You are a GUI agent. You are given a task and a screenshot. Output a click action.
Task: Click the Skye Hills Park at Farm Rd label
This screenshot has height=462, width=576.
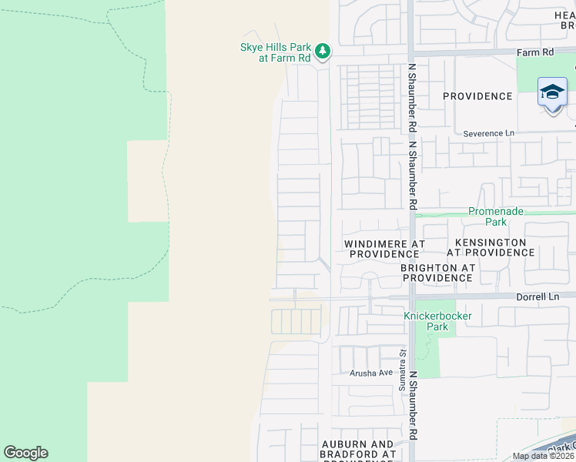(x=274, y=52)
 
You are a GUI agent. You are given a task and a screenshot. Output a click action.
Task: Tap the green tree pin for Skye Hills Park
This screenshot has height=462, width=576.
(x=323, y=52)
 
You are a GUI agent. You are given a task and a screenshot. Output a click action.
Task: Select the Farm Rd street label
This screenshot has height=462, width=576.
(x=536, y=52)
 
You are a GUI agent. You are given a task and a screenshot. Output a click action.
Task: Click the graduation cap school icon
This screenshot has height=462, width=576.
(x=552, y=93)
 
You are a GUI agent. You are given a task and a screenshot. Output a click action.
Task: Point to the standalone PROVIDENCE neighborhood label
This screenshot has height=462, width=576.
(x=477, y=96)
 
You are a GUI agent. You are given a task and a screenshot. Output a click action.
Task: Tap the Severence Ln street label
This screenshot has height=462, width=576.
(x=488, y=133)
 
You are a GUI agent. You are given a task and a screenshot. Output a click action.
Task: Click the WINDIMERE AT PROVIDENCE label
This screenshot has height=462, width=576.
(x=383, y=249)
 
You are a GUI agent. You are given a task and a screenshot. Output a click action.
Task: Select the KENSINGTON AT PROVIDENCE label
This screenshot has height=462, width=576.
(x=486, y=247)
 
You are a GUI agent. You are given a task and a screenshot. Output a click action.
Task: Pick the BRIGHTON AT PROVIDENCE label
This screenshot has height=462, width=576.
(x=437, y=273)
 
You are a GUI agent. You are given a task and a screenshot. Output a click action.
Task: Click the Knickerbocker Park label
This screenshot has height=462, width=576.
(x=437, y=321)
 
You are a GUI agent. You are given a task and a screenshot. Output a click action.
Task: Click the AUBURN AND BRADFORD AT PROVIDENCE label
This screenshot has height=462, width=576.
(x=358, y=450)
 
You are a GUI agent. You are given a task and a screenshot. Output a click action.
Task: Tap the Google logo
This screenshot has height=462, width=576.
(x=25, y=453)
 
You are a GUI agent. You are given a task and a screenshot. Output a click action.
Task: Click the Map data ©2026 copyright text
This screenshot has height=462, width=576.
(x=543, y=456)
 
